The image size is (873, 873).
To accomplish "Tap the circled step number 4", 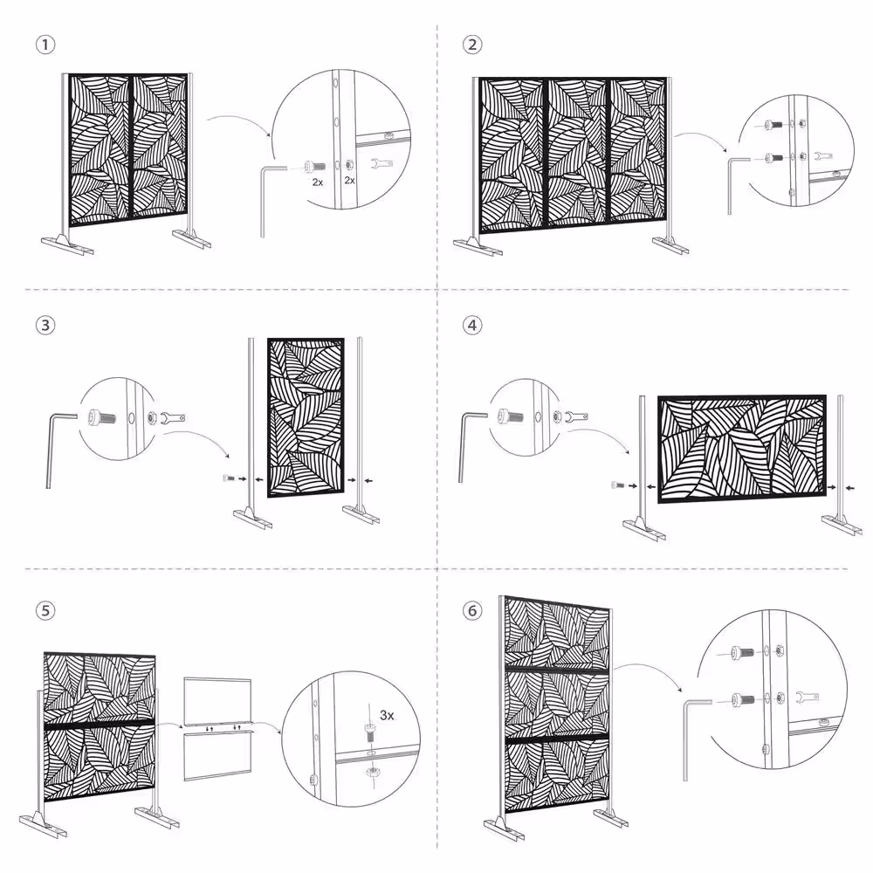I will [x=472, y=325].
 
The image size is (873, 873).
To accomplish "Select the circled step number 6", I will [x=472, y=610].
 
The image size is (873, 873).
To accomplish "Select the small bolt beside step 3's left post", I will [x=229, y=478].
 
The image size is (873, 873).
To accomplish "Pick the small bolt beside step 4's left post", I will [x=616, y=485].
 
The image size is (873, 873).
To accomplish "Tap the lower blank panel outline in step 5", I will [x=217, y=755].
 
